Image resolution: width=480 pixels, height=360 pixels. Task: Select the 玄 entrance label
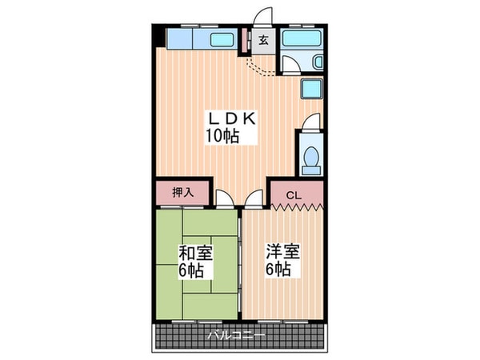tap(263, 38)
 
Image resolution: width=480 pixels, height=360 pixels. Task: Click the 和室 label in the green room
tap(196, 254)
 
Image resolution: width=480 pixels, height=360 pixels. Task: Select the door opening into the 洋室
tap(254, 200)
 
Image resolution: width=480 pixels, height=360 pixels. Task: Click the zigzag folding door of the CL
tap(297, 207)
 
